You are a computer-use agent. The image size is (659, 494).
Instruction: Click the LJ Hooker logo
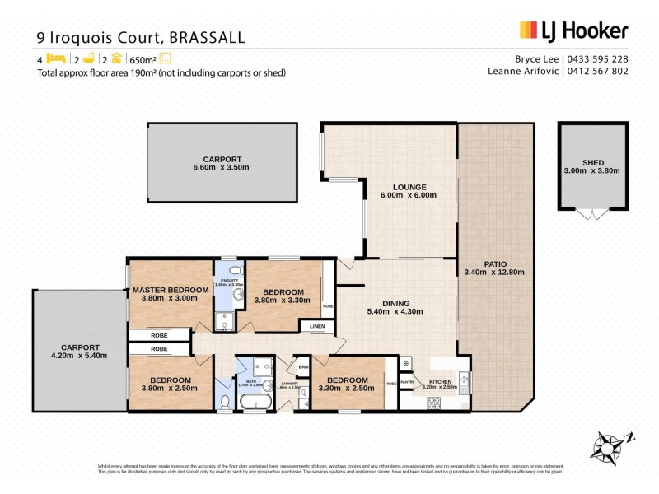[x=573, y=31]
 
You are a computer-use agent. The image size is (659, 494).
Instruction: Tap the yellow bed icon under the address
[x=54, y=58]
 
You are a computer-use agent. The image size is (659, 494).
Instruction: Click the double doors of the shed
[x=593, y=213]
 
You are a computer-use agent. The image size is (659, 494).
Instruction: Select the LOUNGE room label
[x=409, y=187]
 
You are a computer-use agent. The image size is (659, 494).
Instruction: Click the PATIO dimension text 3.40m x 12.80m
[x=495, y=272]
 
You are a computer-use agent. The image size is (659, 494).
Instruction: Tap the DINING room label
[x=398, y=302]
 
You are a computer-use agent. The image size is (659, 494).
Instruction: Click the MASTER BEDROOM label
[x=171, y=290]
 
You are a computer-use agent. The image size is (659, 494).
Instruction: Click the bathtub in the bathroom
[x=255, y=402]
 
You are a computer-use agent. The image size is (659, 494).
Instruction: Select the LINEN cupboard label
[x=316, y=327]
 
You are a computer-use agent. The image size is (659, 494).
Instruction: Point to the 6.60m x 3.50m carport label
[x=222, y=163]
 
